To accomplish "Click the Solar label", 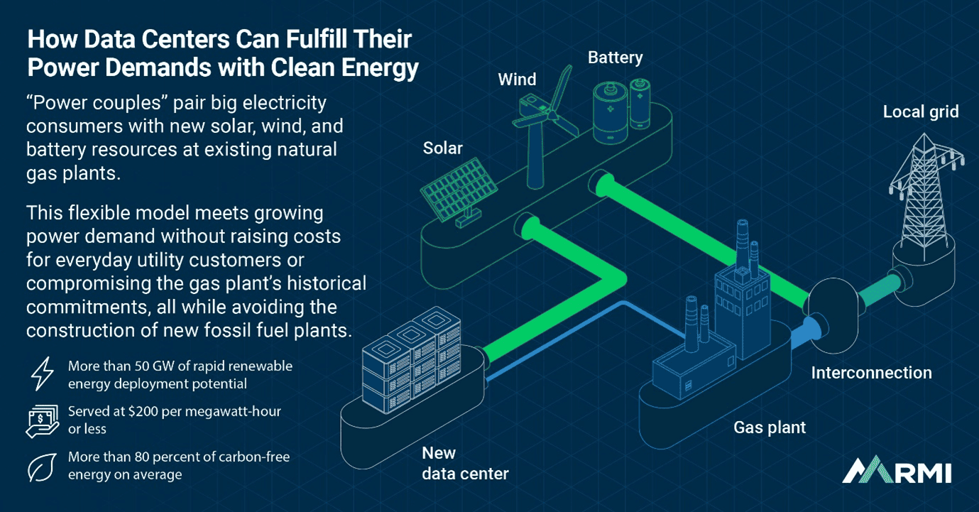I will coord(442,148).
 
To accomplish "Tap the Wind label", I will coord(517,80).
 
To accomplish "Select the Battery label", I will coord(615,58).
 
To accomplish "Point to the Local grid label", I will coord(920,111).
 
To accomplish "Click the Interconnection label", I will coord(871,373).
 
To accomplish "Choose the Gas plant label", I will coord(770,427).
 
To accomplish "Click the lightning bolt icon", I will coord(42,374).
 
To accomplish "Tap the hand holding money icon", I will coord(42,420).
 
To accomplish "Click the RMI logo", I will coord(897,470).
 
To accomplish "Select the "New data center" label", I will coord(465,463).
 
